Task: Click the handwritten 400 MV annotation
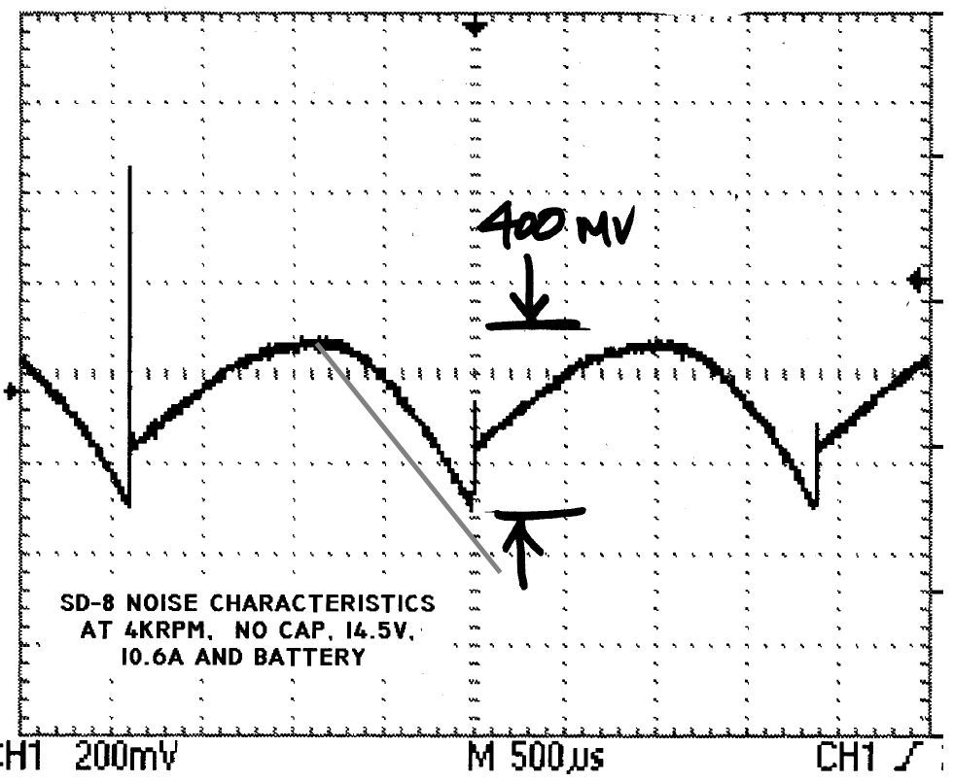tap(554, 229)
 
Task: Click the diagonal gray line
tap(408, 457)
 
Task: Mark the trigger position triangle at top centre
tap(475, 26)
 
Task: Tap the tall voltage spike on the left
tap(129, 291)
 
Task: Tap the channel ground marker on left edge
tap(10, 391)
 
